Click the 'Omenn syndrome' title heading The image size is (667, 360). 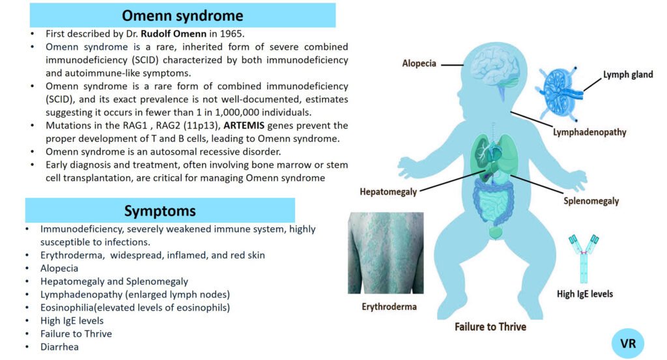pyautogui.click(x=182, y=15)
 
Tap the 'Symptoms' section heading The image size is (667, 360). pyautogui.click(x=160, y=211)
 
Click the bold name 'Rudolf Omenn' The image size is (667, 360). pyautogui.click(x=171, y=33)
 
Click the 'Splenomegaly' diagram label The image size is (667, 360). pyautogui.click(x=591, y=201)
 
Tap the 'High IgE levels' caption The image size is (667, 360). pyautogui.click(x=585, y=294)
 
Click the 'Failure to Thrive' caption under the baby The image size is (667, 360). pyautogui.click(x=490, y=326)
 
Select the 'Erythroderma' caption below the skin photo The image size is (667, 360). pyautogui.click(x=389, y=306)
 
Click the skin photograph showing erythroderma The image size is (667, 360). pyautogui.click(x=386, y=253)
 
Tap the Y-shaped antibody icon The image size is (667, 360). pyautogui.click(x=584, y=257)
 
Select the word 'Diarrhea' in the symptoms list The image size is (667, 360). pyautogui.click(x=59, y=347)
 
